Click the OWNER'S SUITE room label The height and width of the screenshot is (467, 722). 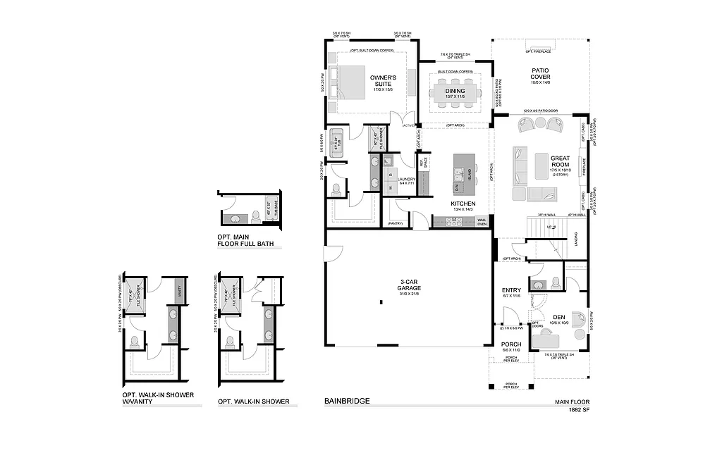(x=383, y=80)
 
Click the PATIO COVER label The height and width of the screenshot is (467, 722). (x=540, y=74)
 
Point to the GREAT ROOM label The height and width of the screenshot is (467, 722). (x=560, y=161)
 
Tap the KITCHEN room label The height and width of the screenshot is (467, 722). (x=463, y=204)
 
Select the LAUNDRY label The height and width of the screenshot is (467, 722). (x=407, y=180)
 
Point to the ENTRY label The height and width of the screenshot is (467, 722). (x=510, y=290)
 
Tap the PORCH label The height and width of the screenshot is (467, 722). (x=511, y=344)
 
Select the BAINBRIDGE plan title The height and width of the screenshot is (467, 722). (x=347, y=401)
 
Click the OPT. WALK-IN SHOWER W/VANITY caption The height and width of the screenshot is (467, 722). (x=158, y=398)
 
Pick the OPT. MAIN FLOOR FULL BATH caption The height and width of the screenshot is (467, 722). (x=245, y=241)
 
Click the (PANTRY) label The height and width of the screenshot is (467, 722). (x=396, y=223)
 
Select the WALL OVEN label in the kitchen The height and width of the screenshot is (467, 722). (x=482, y=222)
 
